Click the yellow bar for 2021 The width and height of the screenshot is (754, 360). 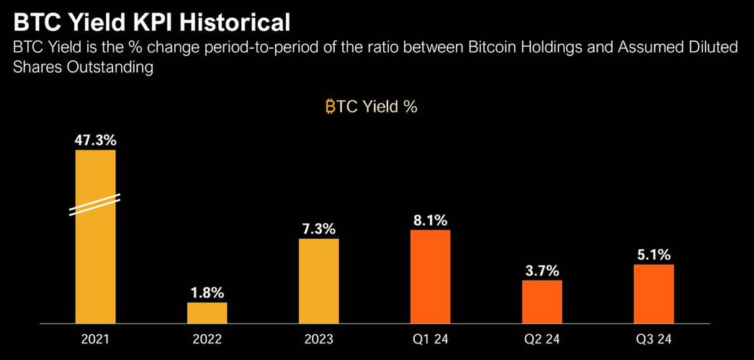tap(95, 236)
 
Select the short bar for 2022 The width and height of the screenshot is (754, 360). tap(207, 313)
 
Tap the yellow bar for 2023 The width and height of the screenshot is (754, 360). tap(319, 282)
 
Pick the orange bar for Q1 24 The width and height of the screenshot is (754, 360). tap(431, 276)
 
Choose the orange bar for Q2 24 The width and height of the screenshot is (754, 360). tap(542, 302)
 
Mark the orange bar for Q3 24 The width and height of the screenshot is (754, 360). tap(653, 294)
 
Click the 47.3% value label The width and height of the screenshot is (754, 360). tap(95, 141)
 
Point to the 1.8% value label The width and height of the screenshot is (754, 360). tap(207, 293)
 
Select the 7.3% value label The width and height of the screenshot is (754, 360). tap(319, 229)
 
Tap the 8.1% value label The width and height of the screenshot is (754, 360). tap(431, 220)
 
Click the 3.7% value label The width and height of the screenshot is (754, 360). tap(542, 271)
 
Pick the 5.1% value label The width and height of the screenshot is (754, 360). tap(653, 255)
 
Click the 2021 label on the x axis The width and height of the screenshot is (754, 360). tap(95, 339)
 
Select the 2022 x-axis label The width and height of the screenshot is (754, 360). tap(207, 339)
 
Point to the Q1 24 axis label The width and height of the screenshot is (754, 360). tap(431, 339)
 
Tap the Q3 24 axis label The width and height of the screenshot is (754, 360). tap(653, 339)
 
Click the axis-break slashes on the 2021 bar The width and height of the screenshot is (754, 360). tap(95, 204)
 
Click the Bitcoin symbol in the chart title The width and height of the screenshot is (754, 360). tap(330, 107)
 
